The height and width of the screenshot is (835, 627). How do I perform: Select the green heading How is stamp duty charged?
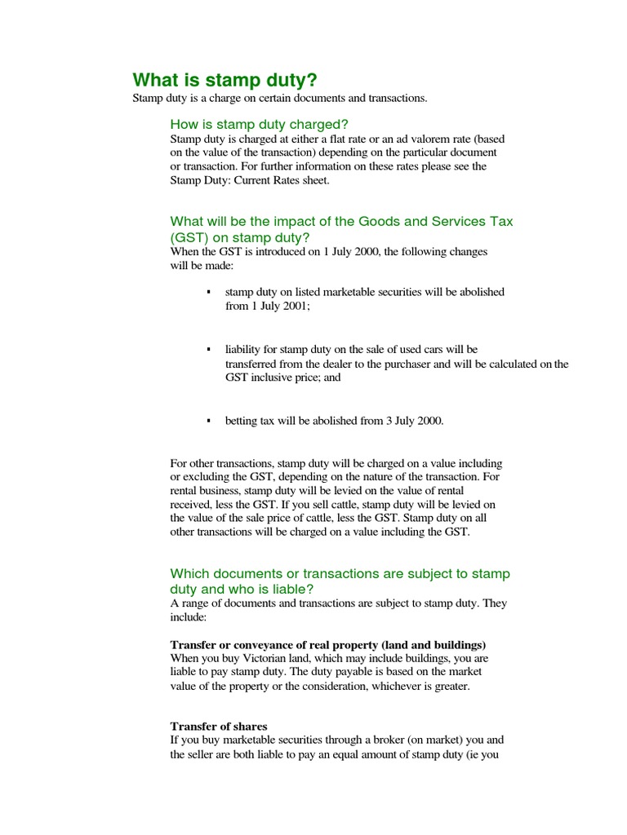pos(259,124)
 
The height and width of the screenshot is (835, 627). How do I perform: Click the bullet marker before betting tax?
pos(209,421)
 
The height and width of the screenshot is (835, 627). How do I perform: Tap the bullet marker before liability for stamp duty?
pos(209,349)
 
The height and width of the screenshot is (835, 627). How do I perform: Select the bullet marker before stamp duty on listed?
pos(209,292)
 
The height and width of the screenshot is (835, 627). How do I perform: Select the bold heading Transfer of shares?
pos(219,726)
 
